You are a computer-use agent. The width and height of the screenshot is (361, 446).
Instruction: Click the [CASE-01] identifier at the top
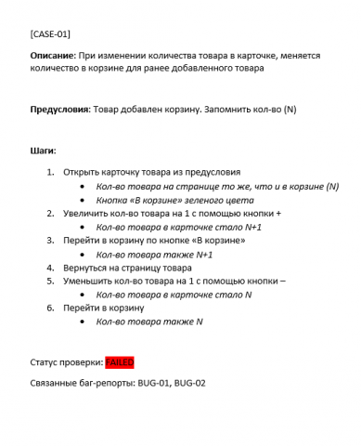tap(49, 33)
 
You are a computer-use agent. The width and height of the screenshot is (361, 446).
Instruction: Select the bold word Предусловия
tap(59, 110)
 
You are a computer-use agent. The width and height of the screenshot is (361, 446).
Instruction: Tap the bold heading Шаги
tap(43, 151)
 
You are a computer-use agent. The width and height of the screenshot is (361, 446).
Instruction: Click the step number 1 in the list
tap(49, 172)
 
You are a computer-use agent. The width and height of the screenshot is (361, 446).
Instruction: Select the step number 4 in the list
tap(49, 267)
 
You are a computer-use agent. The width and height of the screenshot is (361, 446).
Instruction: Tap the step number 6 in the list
tap(49, 307)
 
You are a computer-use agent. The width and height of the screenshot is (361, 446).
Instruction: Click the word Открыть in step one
tap(81, 172)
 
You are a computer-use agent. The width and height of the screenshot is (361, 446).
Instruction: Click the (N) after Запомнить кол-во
tap(289, 110)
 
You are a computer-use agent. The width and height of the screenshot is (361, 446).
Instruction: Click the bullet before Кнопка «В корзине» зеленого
tap(84, 199)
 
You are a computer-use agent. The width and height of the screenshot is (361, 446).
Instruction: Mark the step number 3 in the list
tap(49, 240)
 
